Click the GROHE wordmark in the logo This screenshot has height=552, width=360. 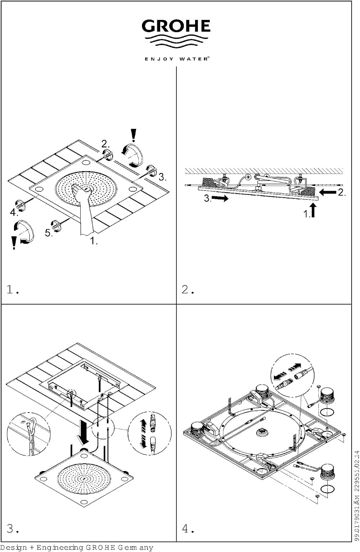click(x=176, y=26)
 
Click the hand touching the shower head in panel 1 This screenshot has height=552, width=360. click(x=83, y=209)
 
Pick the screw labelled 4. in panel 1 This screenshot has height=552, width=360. click(x=21, y=205)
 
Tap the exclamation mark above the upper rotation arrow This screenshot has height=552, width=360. click(x=133, y=135)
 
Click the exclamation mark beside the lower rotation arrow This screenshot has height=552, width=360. click(x=14, y=243)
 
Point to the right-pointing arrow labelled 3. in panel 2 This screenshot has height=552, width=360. click(x=220, y=198)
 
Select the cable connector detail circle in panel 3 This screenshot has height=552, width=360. click(x=150, y=434)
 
